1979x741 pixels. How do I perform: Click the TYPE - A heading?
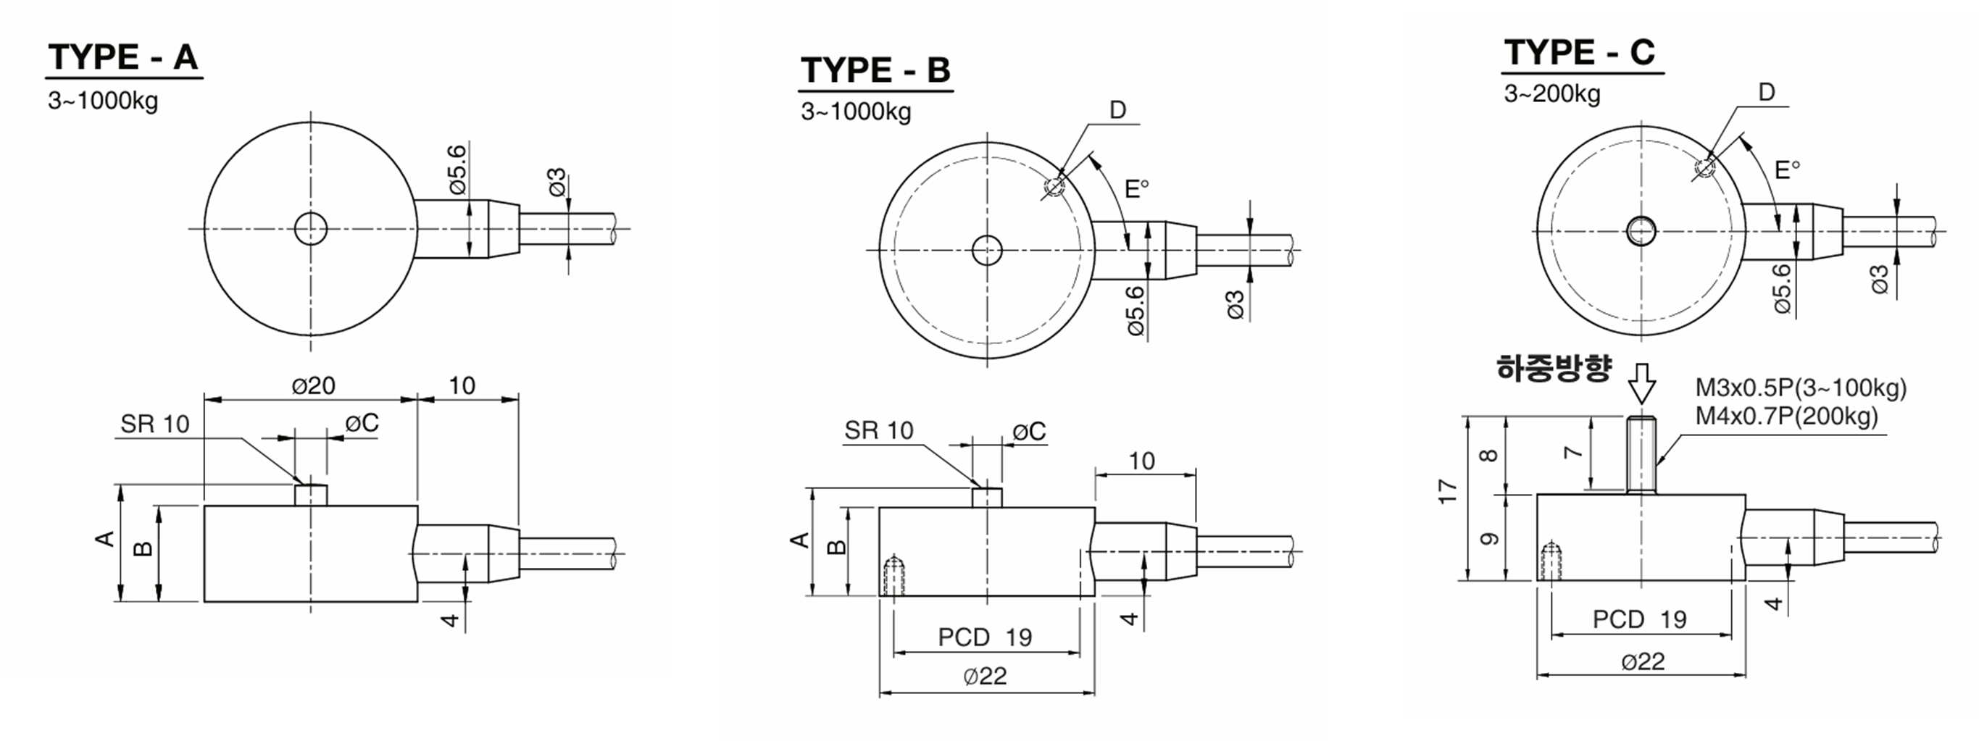(x=123, y=56)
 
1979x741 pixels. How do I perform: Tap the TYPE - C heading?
(x=1580, y=52)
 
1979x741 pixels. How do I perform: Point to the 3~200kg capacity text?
(x=1552, y=93)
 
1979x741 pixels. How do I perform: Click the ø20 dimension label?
(x=314, y=385)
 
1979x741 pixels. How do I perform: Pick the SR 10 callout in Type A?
(x=154, y=424)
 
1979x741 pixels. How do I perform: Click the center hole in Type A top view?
(x=311, y=229)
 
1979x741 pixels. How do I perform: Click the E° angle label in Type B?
(x=1136, y=188)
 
